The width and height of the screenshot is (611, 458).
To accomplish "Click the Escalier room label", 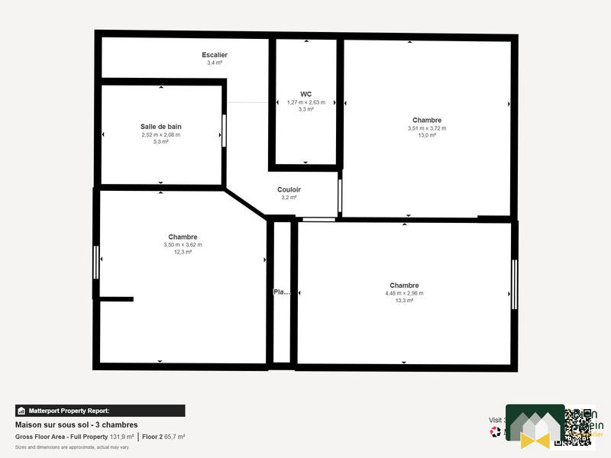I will (x=215, y=55).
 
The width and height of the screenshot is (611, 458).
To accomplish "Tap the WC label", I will (x=305, y=94).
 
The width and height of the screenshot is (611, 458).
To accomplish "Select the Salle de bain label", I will (x=160, y=127).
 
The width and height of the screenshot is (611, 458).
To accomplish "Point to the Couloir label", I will (x=289, y=189).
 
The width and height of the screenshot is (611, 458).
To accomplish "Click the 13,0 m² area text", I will (x=426, y=136).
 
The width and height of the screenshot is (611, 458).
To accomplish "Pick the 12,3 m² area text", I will (x=183, y=252).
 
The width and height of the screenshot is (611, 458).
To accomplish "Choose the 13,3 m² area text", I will (x=404, y=301).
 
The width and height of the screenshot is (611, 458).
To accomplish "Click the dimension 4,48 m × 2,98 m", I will (x=404, y=293).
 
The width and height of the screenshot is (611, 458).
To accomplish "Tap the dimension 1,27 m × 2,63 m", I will (x=305, y=102).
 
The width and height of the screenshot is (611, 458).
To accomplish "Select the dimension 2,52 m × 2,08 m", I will (x=160, y=134).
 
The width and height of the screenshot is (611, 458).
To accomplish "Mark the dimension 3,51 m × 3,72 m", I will (x=426, y=128).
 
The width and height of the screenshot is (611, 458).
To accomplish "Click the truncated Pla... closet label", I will (x=282, y=292).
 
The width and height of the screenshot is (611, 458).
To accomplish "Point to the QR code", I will (x=578, y=425).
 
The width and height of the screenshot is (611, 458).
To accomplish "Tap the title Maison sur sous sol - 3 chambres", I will (x=76, y=424).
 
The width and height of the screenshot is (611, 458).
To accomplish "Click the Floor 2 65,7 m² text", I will (x=163, y=437).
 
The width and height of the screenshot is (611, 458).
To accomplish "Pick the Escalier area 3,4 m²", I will (x=215, y=63).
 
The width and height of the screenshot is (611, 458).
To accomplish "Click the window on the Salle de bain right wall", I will (x=224, y=130).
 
